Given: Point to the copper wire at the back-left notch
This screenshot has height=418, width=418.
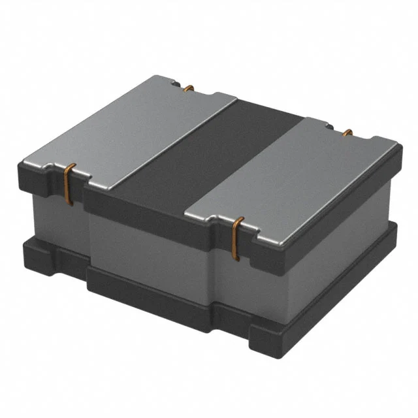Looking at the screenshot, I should [x=189, y=88].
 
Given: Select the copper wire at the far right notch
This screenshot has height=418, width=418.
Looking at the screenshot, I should [x=347, y=133].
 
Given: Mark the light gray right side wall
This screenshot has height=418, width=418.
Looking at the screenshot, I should [x=340, y=242].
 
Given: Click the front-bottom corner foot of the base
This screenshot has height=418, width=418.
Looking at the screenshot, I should [x=261, y=340].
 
